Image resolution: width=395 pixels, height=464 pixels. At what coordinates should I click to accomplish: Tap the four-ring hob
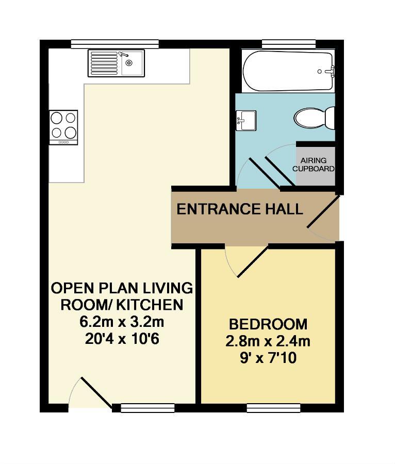point(63,127)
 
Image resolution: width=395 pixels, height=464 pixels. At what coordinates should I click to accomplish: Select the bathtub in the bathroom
point(288,71)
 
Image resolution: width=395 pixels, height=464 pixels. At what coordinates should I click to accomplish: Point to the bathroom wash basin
point(246,120)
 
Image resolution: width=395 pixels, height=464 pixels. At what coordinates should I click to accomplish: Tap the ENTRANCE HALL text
point(239,209)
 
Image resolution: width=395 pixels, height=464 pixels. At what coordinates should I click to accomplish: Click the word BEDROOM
point(268,325)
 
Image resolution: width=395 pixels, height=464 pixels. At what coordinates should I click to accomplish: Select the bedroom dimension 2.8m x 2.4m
point(268,341)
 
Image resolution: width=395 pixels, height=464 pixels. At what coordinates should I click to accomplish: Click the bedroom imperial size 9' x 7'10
point(268,357)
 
